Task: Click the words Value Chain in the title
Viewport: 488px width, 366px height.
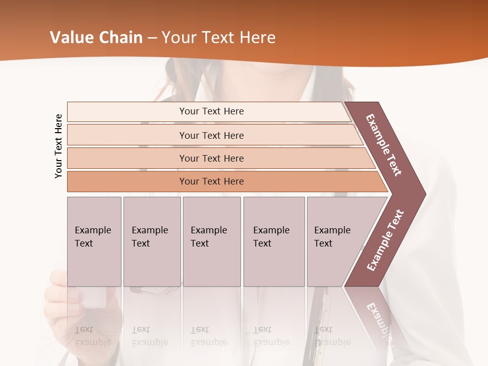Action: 96,38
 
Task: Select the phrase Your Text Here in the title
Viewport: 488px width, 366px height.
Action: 219,38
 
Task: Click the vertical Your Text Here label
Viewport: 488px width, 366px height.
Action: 58,146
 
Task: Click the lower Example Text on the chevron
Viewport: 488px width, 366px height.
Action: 385,240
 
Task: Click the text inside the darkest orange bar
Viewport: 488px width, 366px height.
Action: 211,181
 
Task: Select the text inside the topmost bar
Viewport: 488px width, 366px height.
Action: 211,111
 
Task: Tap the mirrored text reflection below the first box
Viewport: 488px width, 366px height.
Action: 93,336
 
